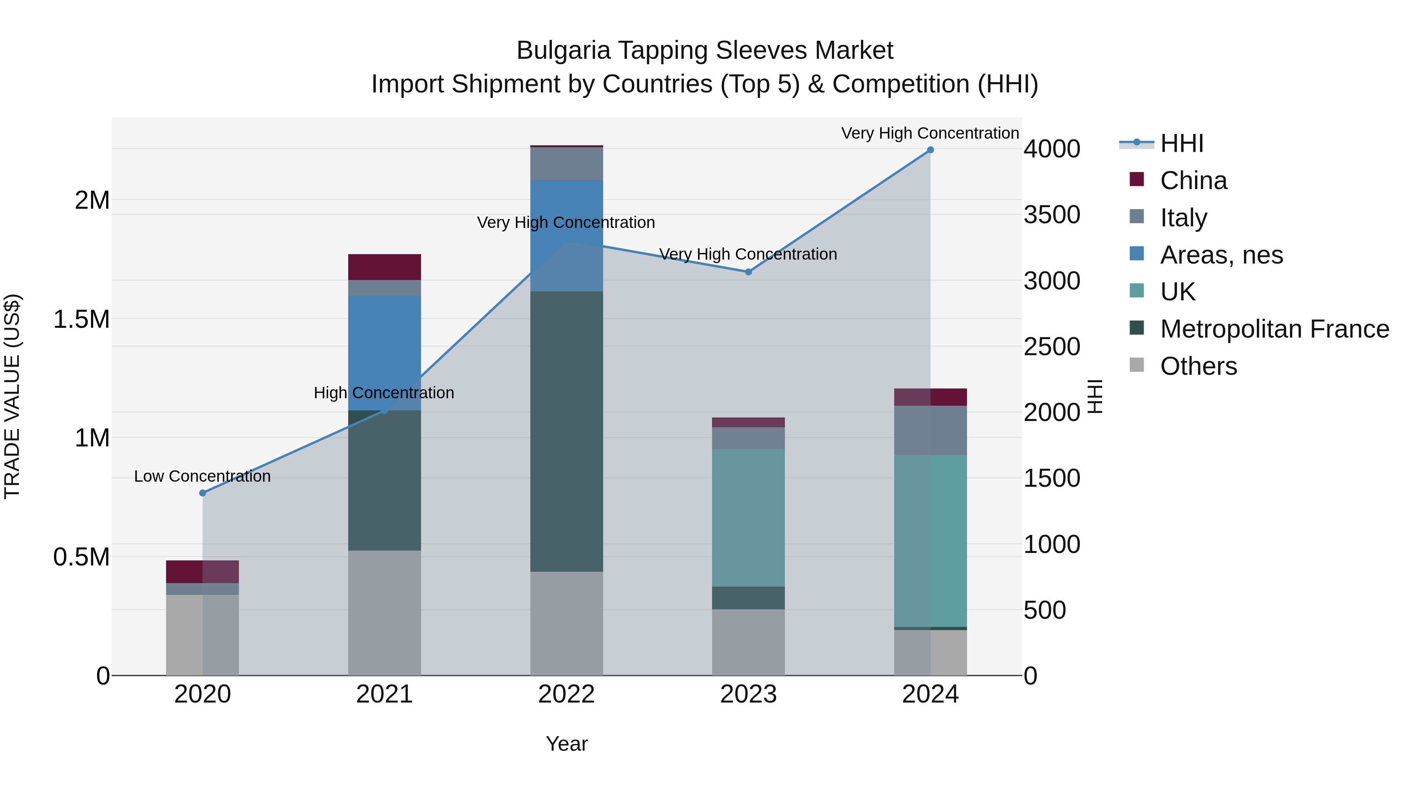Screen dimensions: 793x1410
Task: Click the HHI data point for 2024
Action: click(930, 150)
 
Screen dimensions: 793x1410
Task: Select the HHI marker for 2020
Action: click(202, 493)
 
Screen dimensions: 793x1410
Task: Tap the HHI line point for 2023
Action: click(748, 272)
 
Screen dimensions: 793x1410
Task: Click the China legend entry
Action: click(1193, 181)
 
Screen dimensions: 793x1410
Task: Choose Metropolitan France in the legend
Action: click(1274, 329)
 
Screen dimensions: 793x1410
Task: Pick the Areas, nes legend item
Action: click(1221, 255)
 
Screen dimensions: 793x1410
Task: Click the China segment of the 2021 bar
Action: click(384, 267)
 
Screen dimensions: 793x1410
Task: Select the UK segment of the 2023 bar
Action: click(748, 518)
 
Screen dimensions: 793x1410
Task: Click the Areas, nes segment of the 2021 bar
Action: click(384, 353)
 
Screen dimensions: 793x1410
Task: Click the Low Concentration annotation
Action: click(202, 476)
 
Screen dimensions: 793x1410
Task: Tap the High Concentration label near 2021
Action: click(384, 393)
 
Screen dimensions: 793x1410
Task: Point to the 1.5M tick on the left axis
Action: click(81, 320)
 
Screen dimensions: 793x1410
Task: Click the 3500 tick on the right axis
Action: click(1052, 215)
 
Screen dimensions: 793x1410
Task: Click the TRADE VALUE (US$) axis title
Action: click(12, 396)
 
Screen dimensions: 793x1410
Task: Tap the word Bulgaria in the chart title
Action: click(563, 51)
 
